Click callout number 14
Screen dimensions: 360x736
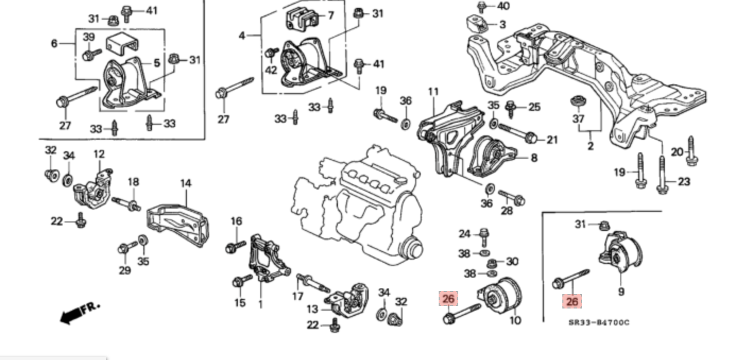[185, 184]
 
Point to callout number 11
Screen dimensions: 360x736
[433, 92]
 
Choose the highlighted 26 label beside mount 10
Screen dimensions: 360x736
[448, 299]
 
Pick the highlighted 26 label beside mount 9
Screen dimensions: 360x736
[572, 302]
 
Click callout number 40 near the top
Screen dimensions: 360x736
[502, 6]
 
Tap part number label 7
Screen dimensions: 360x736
[330, 15]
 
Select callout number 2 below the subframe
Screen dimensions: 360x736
[590, 145]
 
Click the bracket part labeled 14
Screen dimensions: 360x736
[178, 223]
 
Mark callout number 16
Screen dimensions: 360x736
[236, 221]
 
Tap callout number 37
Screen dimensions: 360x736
[578, 119]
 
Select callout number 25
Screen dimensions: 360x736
[534, 107]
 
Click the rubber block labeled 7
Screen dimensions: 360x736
[301, 20]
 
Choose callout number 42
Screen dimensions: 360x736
[271, 70]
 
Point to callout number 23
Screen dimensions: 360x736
[684, 182]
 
